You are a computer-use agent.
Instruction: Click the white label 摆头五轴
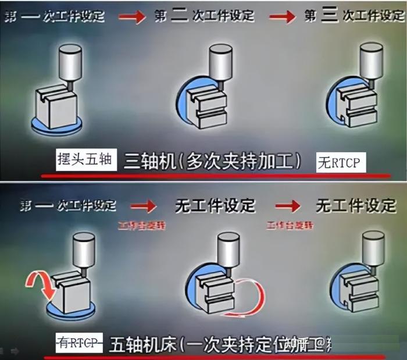tap(87, 158)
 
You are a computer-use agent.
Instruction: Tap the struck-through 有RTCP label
tap(78, 341)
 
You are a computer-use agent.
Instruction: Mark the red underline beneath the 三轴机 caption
tap(215, 175)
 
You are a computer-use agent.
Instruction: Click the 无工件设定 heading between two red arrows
tap(216, 205)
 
